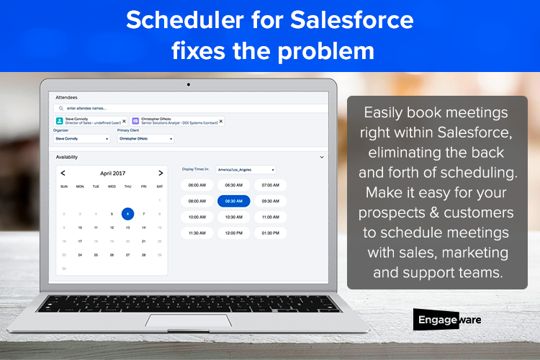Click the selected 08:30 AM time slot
[233, 201]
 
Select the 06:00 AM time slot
[197, 185]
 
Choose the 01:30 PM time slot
[269, 233]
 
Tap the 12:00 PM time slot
[233, 233]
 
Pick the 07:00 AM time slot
[269, 185]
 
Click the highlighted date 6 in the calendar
[127, 214]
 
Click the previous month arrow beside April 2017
[63, 173]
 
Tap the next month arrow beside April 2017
[160, 173]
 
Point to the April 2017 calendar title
[112, 173]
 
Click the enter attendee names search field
[144, 109]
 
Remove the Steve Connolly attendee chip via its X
[124, 122]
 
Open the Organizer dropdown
[83, 138]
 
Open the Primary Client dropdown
[144, 138]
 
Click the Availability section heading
[67, 156]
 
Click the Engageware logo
[446, 320]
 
